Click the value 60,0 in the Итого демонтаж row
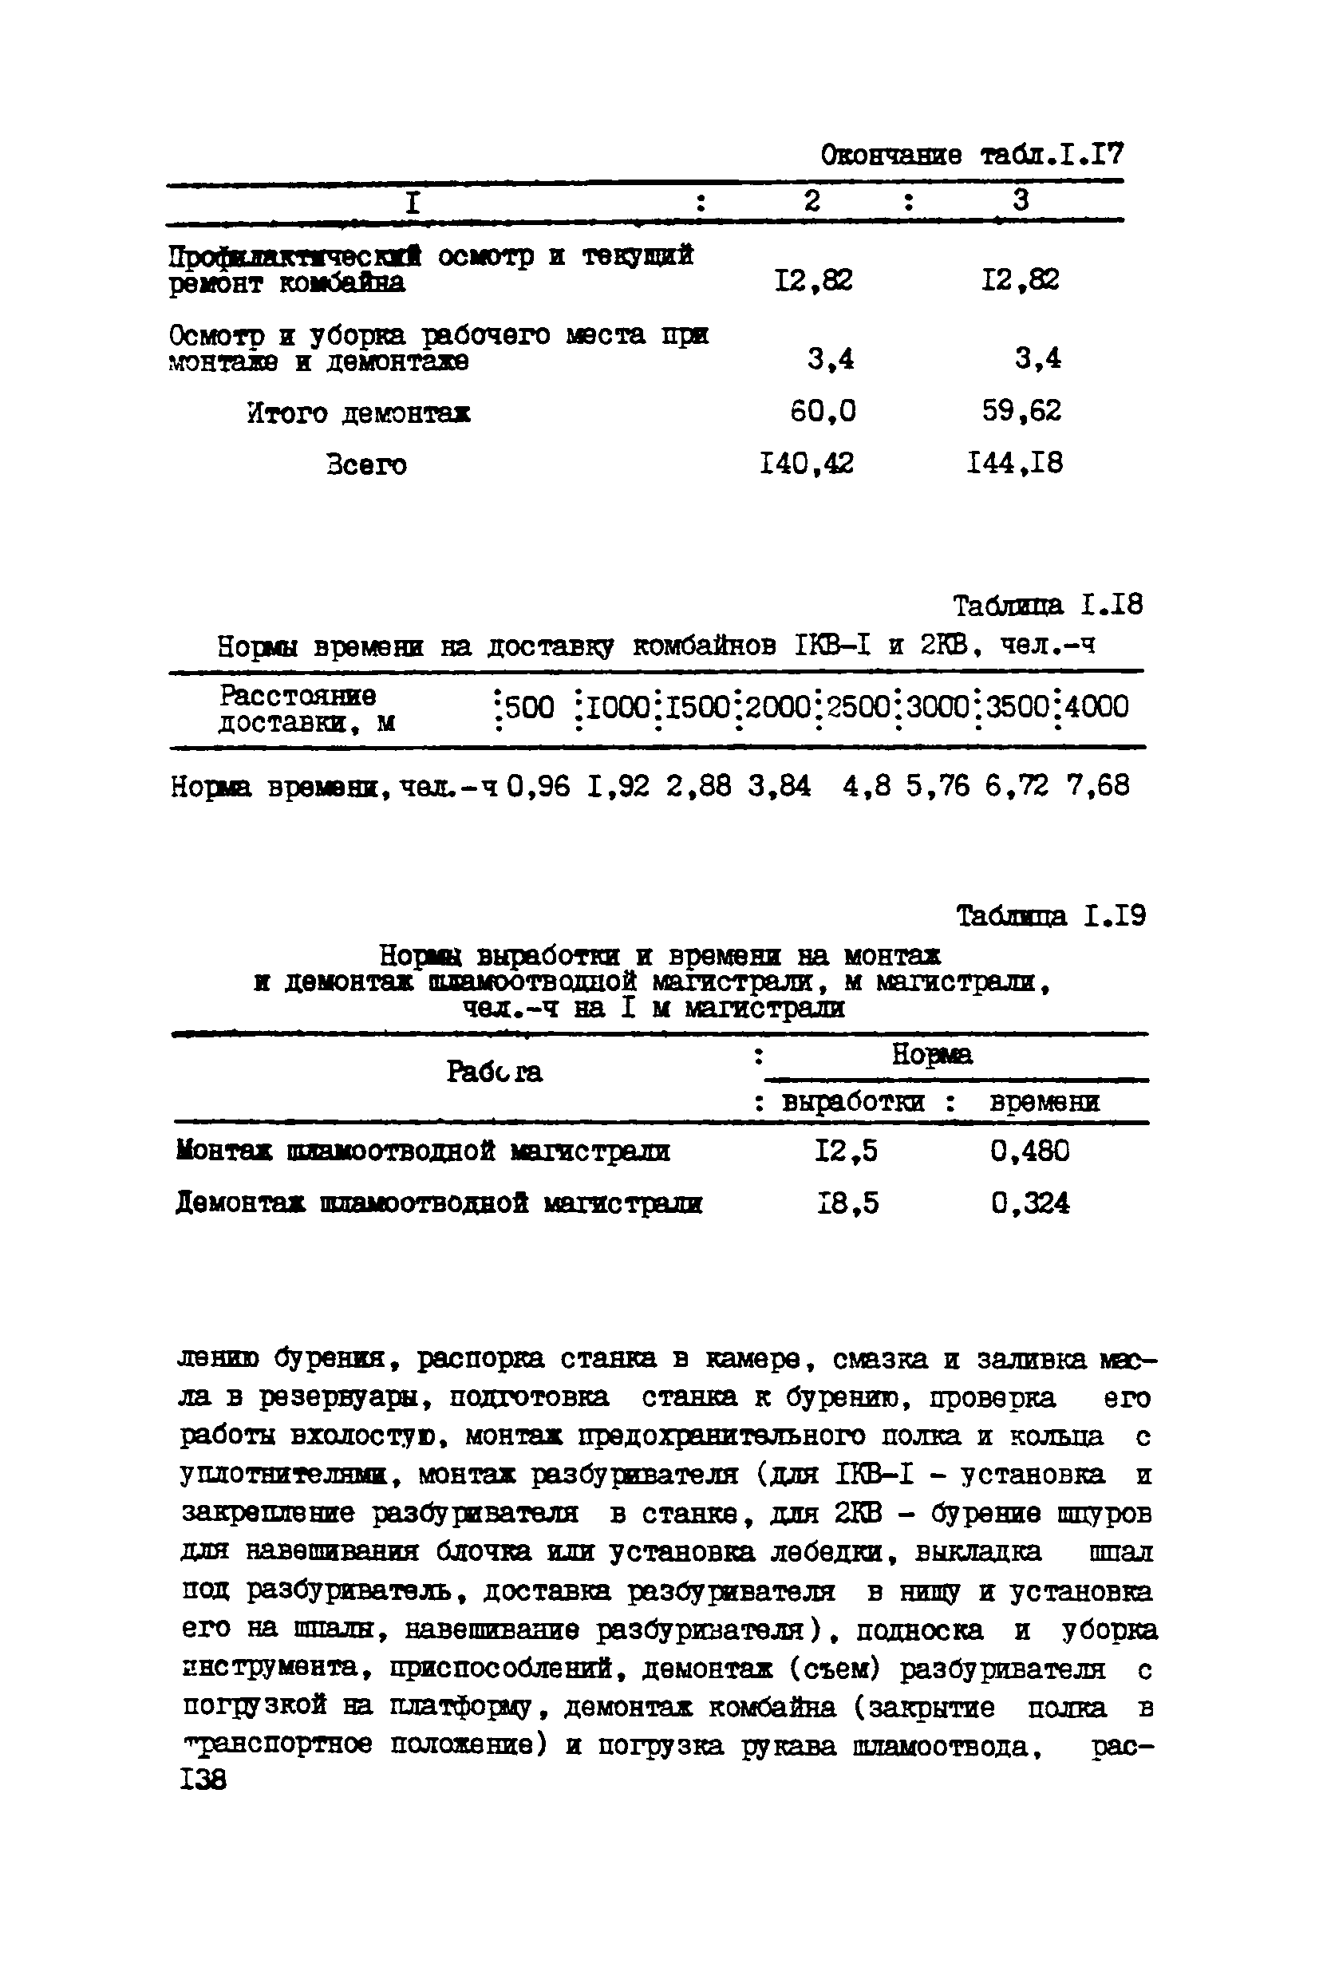823,411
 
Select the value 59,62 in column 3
1021,411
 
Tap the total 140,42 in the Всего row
806,464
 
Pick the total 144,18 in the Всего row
1014,464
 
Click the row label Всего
367,465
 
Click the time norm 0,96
539,786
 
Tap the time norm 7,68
1097,786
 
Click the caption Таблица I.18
1047,606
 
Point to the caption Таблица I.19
1051,916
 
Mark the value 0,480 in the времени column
1029,1151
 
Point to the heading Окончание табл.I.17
972,155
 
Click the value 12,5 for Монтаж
845,1151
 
